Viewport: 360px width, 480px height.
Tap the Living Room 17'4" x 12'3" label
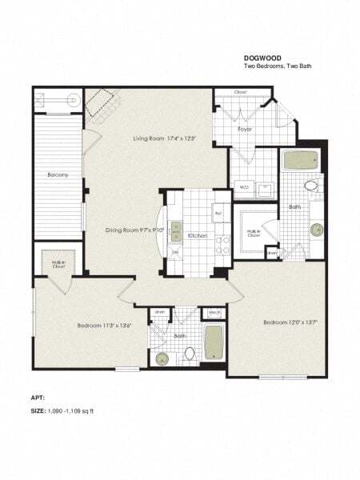[165, 138]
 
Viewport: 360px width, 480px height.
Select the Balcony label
[56, 174]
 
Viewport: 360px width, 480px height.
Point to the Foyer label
[245, 128]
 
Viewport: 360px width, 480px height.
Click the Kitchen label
[198, 237]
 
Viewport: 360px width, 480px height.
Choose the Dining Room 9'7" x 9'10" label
[134, 230]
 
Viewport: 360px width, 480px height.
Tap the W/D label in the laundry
[244, 188]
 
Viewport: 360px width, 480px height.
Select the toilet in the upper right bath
[311, 186]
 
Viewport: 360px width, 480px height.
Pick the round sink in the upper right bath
[318, 230]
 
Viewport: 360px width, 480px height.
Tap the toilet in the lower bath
[190, 352]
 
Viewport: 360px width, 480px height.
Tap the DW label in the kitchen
[175, 251]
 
